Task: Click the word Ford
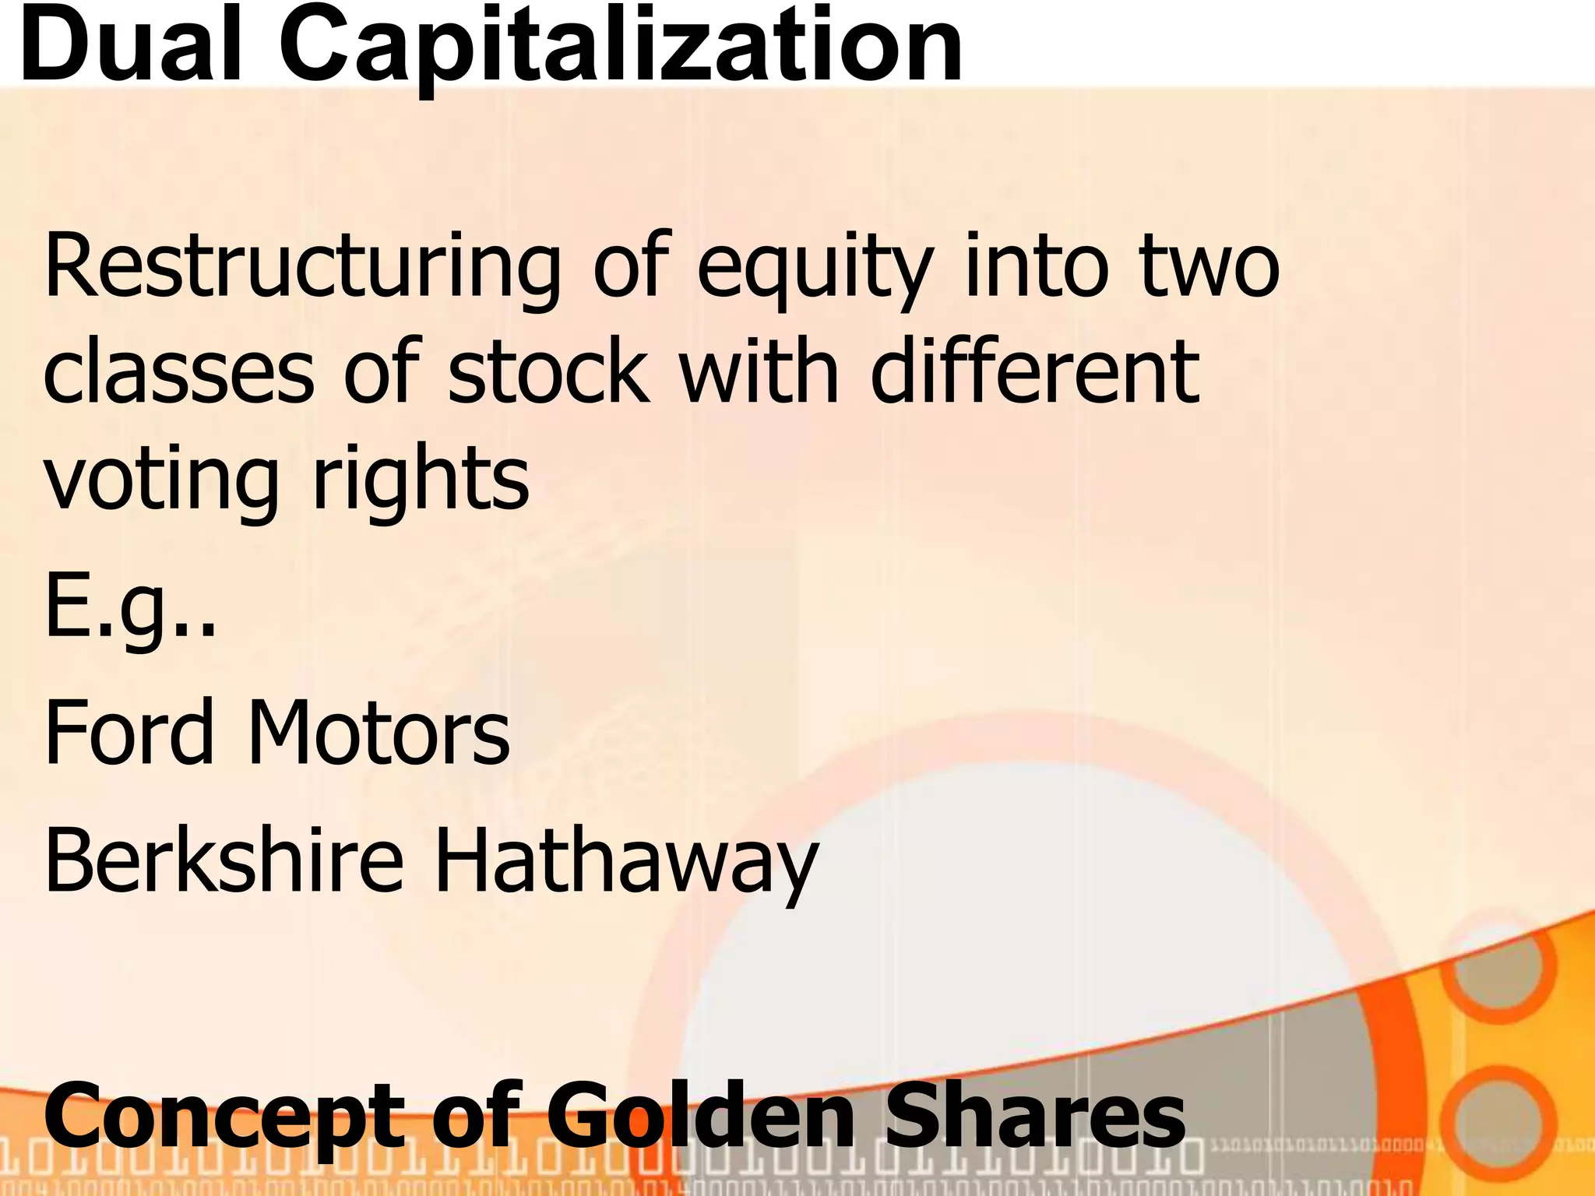129,731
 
